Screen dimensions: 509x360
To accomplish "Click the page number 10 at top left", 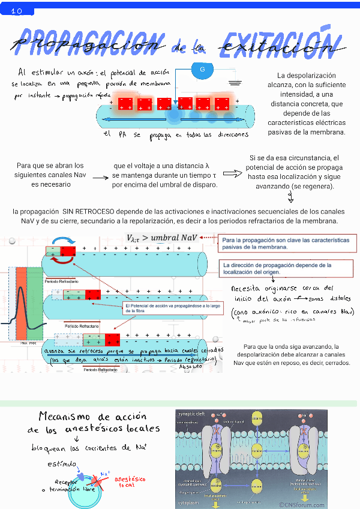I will (16, 11).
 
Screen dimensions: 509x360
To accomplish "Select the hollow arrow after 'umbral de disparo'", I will (232, 174).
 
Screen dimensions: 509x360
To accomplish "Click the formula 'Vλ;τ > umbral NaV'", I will (161, 239).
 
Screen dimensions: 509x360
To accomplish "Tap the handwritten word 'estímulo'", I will (62, 464).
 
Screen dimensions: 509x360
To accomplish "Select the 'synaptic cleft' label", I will (193, 414).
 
